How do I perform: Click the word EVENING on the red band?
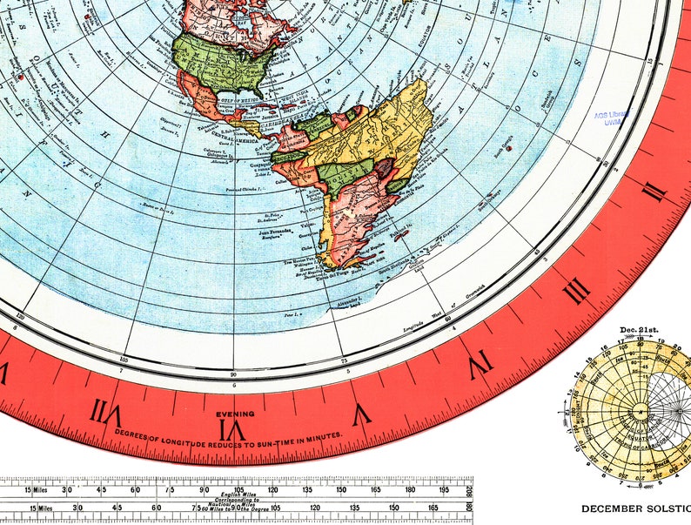click(237, 414)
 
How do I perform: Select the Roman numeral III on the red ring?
click(575, 291)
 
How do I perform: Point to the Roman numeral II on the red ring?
click(654, 193)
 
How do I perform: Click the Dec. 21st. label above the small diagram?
click(640, 329)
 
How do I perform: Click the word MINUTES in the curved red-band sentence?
click(323, 434)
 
